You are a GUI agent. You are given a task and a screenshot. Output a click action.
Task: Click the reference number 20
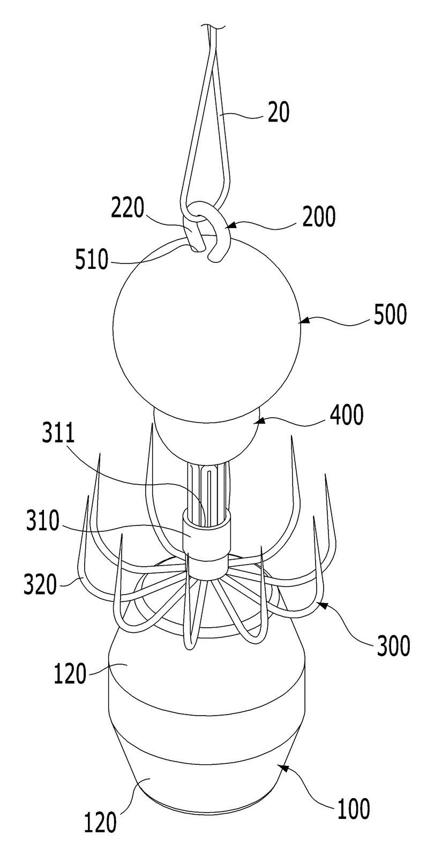[278, 112]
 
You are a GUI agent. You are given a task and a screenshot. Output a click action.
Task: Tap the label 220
[128, 208]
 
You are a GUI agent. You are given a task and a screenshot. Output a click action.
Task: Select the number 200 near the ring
[318, 216]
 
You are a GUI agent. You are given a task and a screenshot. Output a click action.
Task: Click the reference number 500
[391, 315]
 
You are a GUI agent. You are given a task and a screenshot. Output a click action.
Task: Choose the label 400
[346, 415]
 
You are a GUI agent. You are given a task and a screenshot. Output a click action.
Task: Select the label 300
[393, 645]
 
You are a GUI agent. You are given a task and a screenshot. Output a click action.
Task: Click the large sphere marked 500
[207, 329]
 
